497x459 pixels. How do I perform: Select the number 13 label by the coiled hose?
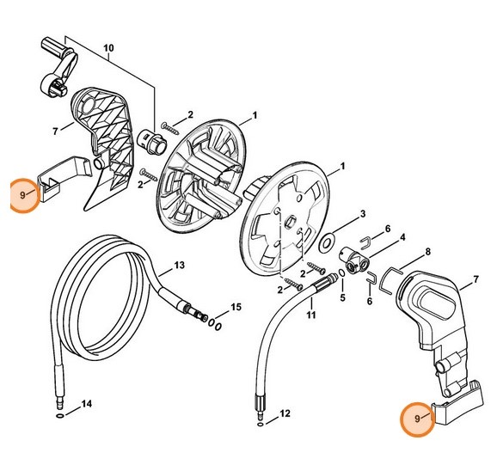click(179, 264)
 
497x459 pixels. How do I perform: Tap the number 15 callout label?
click(236, 307)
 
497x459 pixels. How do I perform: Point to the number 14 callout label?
click(86, 403)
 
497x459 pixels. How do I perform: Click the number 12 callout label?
click(285, 413)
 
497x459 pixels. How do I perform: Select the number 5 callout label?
click(341, 297)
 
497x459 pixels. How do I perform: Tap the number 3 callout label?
click(363, 212)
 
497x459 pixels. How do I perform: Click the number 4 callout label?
click(403, 237)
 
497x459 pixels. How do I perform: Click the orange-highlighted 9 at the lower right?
click(419, 419)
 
